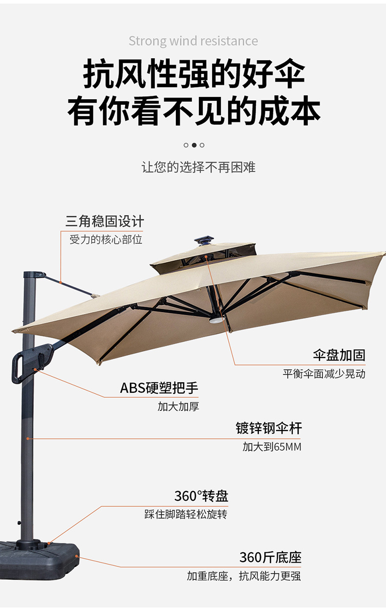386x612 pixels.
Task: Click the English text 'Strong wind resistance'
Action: (x=193, y=41)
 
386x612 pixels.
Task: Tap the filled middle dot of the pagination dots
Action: (x=194, y=145)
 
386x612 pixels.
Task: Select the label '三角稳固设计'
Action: (x=105, y=222)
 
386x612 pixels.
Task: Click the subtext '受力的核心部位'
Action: (x=106, y=240)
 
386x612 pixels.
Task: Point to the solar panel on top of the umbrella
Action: (x=204, y=240)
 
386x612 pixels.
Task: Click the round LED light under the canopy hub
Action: (x=216, y=320)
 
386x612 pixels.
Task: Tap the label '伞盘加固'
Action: (x=339, y=355)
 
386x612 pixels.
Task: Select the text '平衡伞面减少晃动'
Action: (x=324, y=374)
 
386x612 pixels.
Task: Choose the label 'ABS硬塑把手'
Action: (x=159, y=388)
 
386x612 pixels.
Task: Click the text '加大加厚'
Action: (x=178, y=407)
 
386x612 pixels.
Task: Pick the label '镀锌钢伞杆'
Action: (x=269, y=429)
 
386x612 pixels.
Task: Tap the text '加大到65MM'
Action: (x=272, y=447)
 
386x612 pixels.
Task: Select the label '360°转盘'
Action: (x=201, y=496)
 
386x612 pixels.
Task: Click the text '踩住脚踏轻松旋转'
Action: (x=186, y=514)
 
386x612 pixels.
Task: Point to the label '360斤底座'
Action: (x=270, y=557)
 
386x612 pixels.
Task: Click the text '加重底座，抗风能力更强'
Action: (x=244, y=576)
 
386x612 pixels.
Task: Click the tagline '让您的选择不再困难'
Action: (x=198, y=167)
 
